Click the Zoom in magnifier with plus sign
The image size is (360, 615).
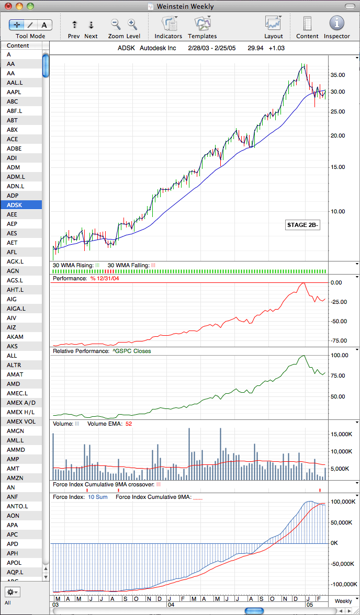click(x=133, y=24)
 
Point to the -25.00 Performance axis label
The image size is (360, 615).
click(x=339, y=302)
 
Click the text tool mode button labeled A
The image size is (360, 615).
click(x=44, y=25)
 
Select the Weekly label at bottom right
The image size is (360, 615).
click(x=343, y=601)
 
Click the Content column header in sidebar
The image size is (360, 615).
click(x=18, y=45)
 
